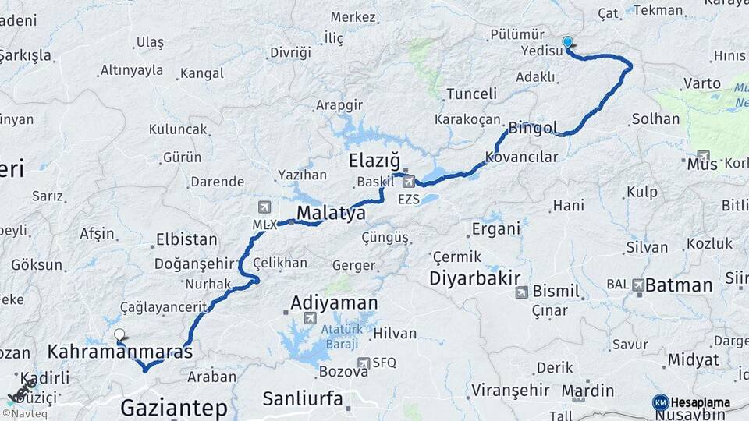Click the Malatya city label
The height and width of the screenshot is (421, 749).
click(x=331, y=214)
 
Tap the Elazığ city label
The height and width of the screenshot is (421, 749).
click(x=374, y=161)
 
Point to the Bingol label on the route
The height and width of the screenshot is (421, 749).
click(x=533, y=127)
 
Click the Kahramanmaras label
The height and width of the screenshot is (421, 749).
click(x=119, y=352)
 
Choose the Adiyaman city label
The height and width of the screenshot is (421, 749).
click(x=334, y=302)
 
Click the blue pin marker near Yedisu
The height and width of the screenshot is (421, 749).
click(x=567, y=44)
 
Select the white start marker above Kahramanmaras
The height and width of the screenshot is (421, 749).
click(x=119, y=335)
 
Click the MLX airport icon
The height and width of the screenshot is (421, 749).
click(x=264, y=207)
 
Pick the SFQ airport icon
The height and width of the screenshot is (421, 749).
click(x=364, y=363)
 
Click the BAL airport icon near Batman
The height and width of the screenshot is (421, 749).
click(x=639, y=285)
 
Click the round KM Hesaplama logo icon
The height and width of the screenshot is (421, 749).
click(x=661, y=402)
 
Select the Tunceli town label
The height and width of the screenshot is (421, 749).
click(x=471, y=94)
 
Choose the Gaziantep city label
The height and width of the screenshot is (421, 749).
click(x=173, y=407)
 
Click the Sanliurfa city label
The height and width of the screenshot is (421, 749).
click(x=302, y=399)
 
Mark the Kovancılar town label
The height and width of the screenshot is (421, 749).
click(x=521, y=157)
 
